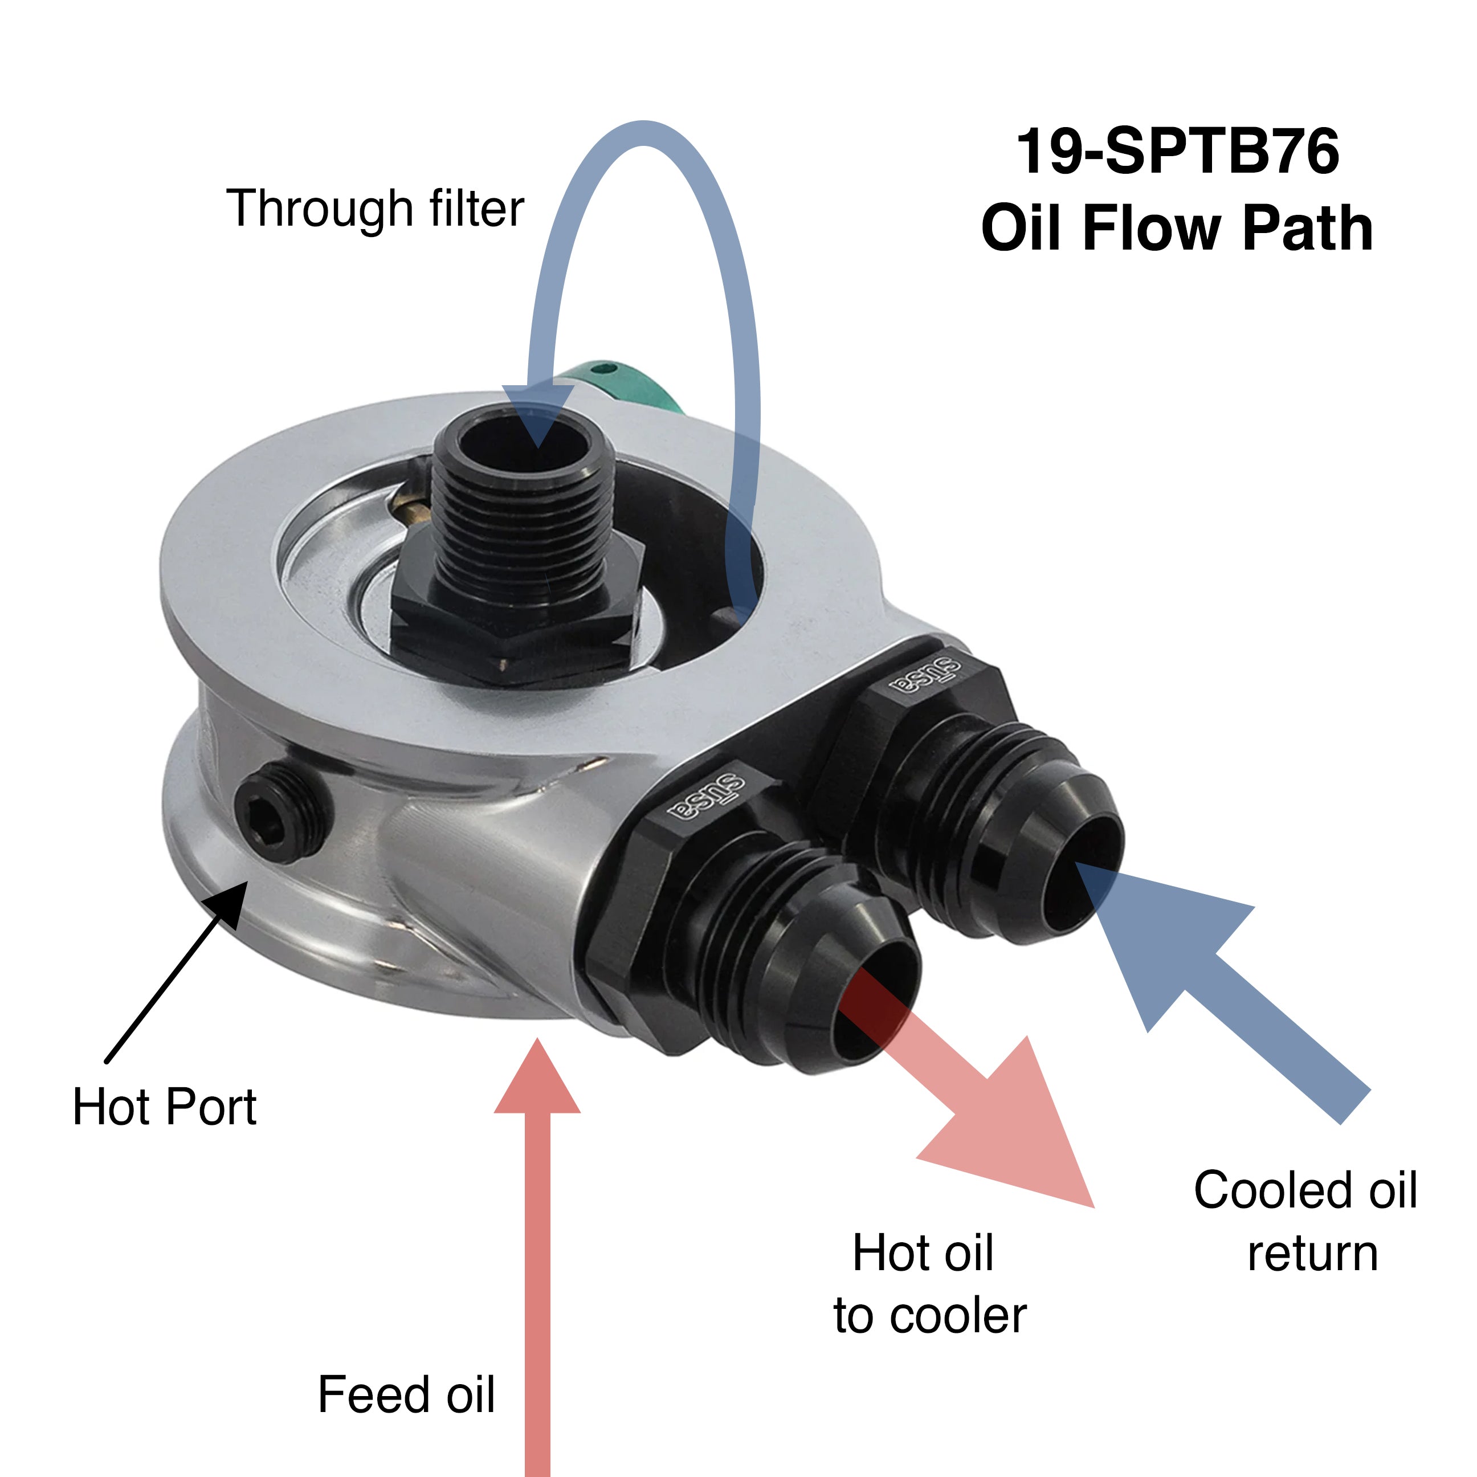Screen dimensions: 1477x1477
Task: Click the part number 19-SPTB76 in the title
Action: (x=1177, y=152)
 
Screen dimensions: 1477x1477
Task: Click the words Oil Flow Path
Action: (x=1177, y=228)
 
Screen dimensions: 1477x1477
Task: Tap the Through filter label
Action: (x=374, y=208)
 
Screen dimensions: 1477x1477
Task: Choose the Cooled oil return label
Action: (x=1305, y=1222)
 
